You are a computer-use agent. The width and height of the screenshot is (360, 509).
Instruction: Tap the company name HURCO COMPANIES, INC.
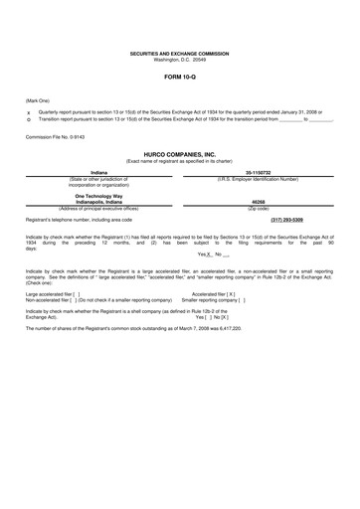(179, 155)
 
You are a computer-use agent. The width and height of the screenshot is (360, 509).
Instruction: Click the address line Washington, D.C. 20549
(179, 58)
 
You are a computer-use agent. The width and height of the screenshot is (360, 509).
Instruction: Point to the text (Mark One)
(39, 100)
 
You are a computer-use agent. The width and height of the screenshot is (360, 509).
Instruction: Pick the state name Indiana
(97, 173)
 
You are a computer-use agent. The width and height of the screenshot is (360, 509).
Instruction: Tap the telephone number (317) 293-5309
(287, 220)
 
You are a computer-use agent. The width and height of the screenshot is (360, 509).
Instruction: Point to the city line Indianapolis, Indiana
(97, 202)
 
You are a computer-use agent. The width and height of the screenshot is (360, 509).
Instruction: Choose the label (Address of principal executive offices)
(97, 207)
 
